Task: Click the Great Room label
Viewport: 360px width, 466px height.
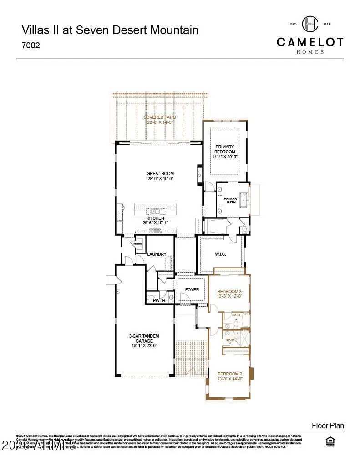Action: tap(160, 173)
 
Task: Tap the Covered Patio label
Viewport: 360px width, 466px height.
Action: tap(160, 117)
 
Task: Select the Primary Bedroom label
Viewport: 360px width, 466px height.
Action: tap(225, 149)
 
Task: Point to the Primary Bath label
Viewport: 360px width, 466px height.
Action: tap(231, 200)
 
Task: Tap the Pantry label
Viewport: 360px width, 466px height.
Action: tap(137, 244)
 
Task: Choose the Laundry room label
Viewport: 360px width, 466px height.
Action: tap(157, 254)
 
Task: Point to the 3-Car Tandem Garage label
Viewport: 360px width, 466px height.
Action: tap(143, 338)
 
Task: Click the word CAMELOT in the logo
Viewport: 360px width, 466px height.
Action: tap(310, 42)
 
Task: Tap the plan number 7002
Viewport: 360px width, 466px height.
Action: tap(31, 46)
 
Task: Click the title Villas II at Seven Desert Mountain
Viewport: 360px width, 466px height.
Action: tap(110, 30)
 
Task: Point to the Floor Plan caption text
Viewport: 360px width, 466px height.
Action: tap(328, 426)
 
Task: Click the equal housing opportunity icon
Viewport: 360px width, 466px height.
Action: tap(329, 441)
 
